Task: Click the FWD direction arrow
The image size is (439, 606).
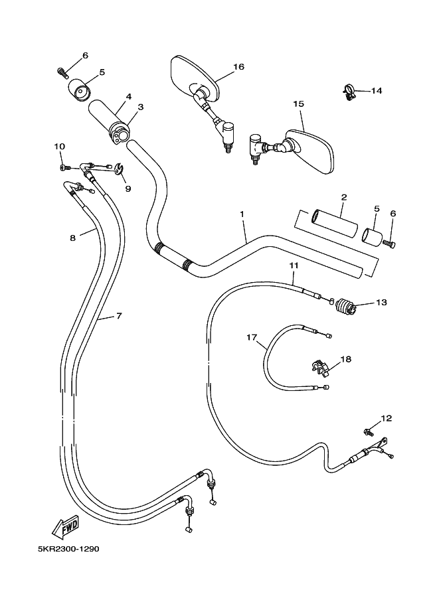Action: (x=66, y=526)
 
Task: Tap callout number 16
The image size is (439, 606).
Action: (x=238, y=67)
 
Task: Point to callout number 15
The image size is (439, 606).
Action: (x=298, y=104)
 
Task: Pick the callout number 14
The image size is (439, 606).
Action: (x=377, y=90)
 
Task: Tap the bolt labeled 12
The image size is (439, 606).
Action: (x=369, y=431)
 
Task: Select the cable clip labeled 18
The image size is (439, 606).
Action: (x=319, y=367)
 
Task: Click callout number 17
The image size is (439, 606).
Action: (x=252, y=338)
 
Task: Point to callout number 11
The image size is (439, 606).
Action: (x=294, y=265)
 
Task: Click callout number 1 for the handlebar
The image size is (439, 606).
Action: (x=242, y=214)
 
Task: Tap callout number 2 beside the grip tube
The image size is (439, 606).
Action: (x=343, y=198)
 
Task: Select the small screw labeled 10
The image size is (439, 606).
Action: (x=64, y=167)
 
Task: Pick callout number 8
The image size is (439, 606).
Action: (x=72, y=238)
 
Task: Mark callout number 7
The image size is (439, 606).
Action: (x=119, y=316)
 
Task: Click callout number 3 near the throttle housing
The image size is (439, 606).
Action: (x=140, y=107)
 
